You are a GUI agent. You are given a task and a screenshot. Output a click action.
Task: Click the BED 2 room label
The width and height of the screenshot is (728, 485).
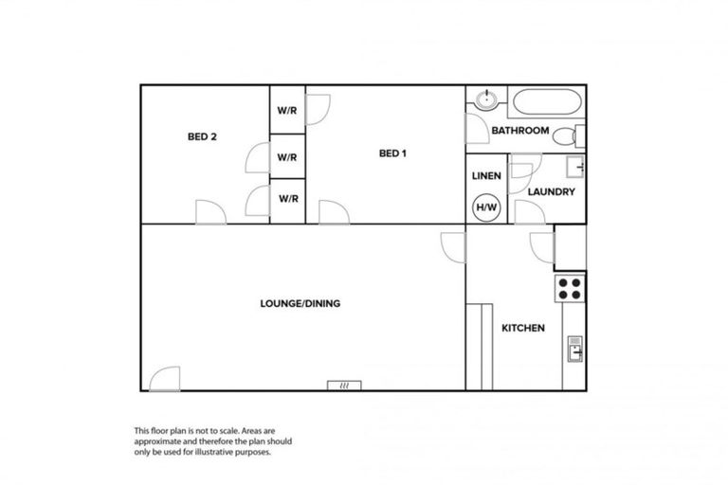[x=202, y=136]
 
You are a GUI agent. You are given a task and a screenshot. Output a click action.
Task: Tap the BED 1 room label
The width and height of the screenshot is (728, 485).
[x=392, y=153]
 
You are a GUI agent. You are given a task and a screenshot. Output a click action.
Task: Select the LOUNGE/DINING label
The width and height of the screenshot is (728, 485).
[x=300, y=304]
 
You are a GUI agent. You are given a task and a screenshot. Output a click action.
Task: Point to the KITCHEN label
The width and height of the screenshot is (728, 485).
[x=522, y=329]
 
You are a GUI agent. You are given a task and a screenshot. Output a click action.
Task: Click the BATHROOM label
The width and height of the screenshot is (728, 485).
[x=520, y=131]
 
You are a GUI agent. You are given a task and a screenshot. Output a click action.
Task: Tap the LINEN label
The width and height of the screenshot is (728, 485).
[x=486, y=176]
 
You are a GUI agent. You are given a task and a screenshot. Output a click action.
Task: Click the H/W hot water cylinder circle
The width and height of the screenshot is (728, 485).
[x=486, y=207]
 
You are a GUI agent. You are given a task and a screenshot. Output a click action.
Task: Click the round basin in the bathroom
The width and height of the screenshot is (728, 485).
[x=486, y=99]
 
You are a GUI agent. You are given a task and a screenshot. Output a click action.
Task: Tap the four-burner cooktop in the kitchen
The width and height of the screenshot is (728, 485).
[x=571, y=287]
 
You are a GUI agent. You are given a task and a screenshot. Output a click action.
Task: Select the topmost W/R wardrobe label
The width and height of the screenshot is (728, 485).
[x=287, y=110]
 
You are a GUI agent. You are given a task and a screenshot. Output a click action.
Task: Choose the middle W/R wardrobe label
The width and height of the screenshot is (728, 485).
[x=287, y=157]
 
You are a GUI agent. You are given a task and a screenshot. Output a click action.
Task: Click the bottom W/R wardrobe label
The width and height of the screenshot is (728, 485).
[x=287, y=199]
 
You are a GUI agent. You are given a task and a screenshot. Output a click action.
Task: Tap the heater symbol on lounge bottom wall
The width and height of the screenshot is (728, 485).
[x=344, y=385]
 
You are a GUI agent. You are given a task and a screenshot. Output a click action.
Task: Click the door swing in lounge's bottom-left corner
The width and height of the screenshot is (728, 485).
[x=164, y=378]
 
